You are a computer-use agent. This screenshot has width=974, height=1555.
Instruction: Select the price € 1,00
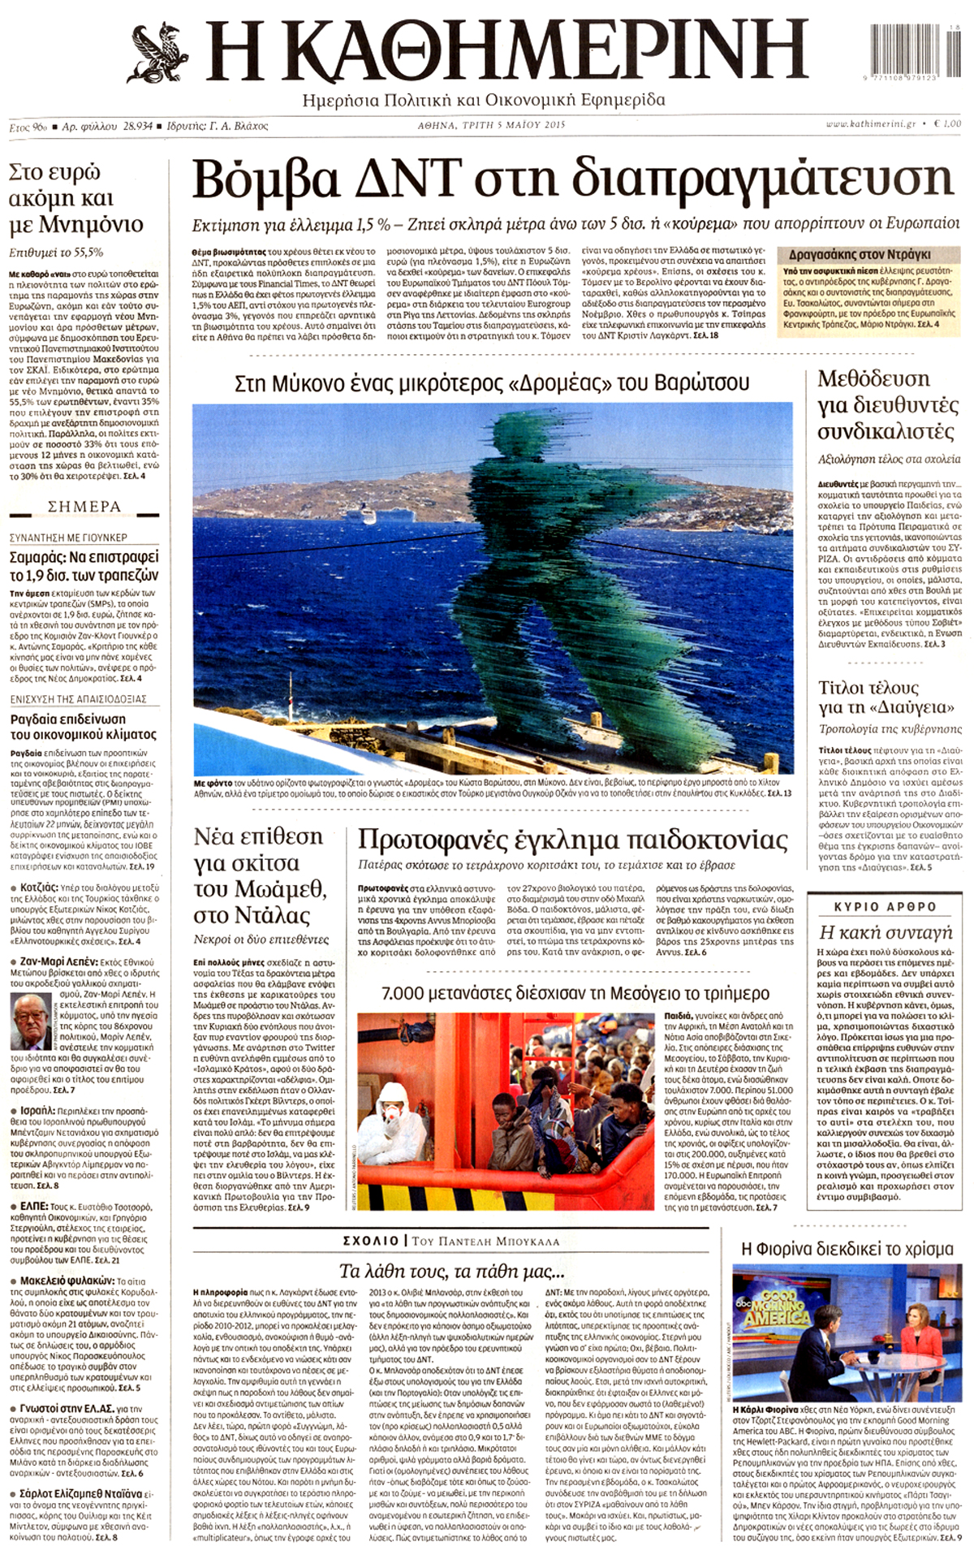click(946, 124)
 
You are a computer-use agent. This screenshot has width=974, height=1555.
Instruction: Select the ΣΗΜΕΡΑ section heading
click(84, 507)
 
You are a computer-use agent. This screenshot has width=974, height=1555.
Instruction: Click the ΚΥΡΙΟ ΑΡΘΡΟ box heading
click(886, 906)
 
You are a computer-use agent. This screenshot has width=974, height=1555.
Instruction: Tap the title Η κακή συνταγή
click(885, 932)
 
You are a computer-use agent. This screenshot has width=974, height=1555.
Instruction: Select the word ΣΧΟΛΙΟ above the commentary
click(370, 1241)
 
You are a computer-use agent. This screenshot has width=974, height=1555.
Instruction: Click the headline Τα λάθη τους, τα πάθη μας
click(451, 1271)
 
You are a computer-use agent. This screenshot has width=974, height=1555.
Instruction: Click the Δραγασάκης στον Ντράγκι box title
click(859, 254)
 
